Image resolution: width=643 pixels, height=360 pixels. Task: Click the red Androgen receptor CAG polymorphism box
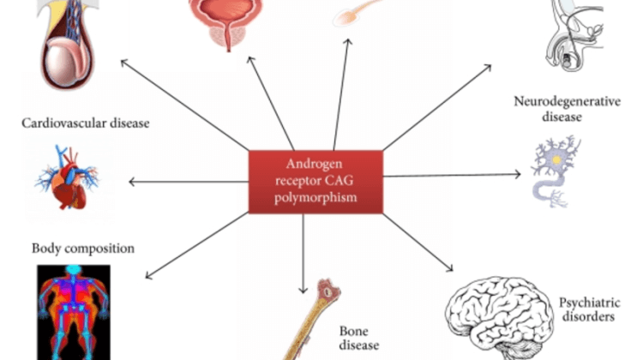pos(315,180)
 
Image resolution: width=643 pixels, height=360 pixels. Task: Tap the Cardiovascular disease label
pos(86,123)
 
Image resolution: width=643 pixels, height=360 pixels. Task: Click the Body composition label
pos(83,249)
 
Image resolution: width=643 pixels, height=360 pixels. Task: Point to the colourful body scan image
pos(73,310)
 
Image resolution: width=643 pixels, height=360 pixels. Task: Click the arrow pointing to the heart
pos(189,181)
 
